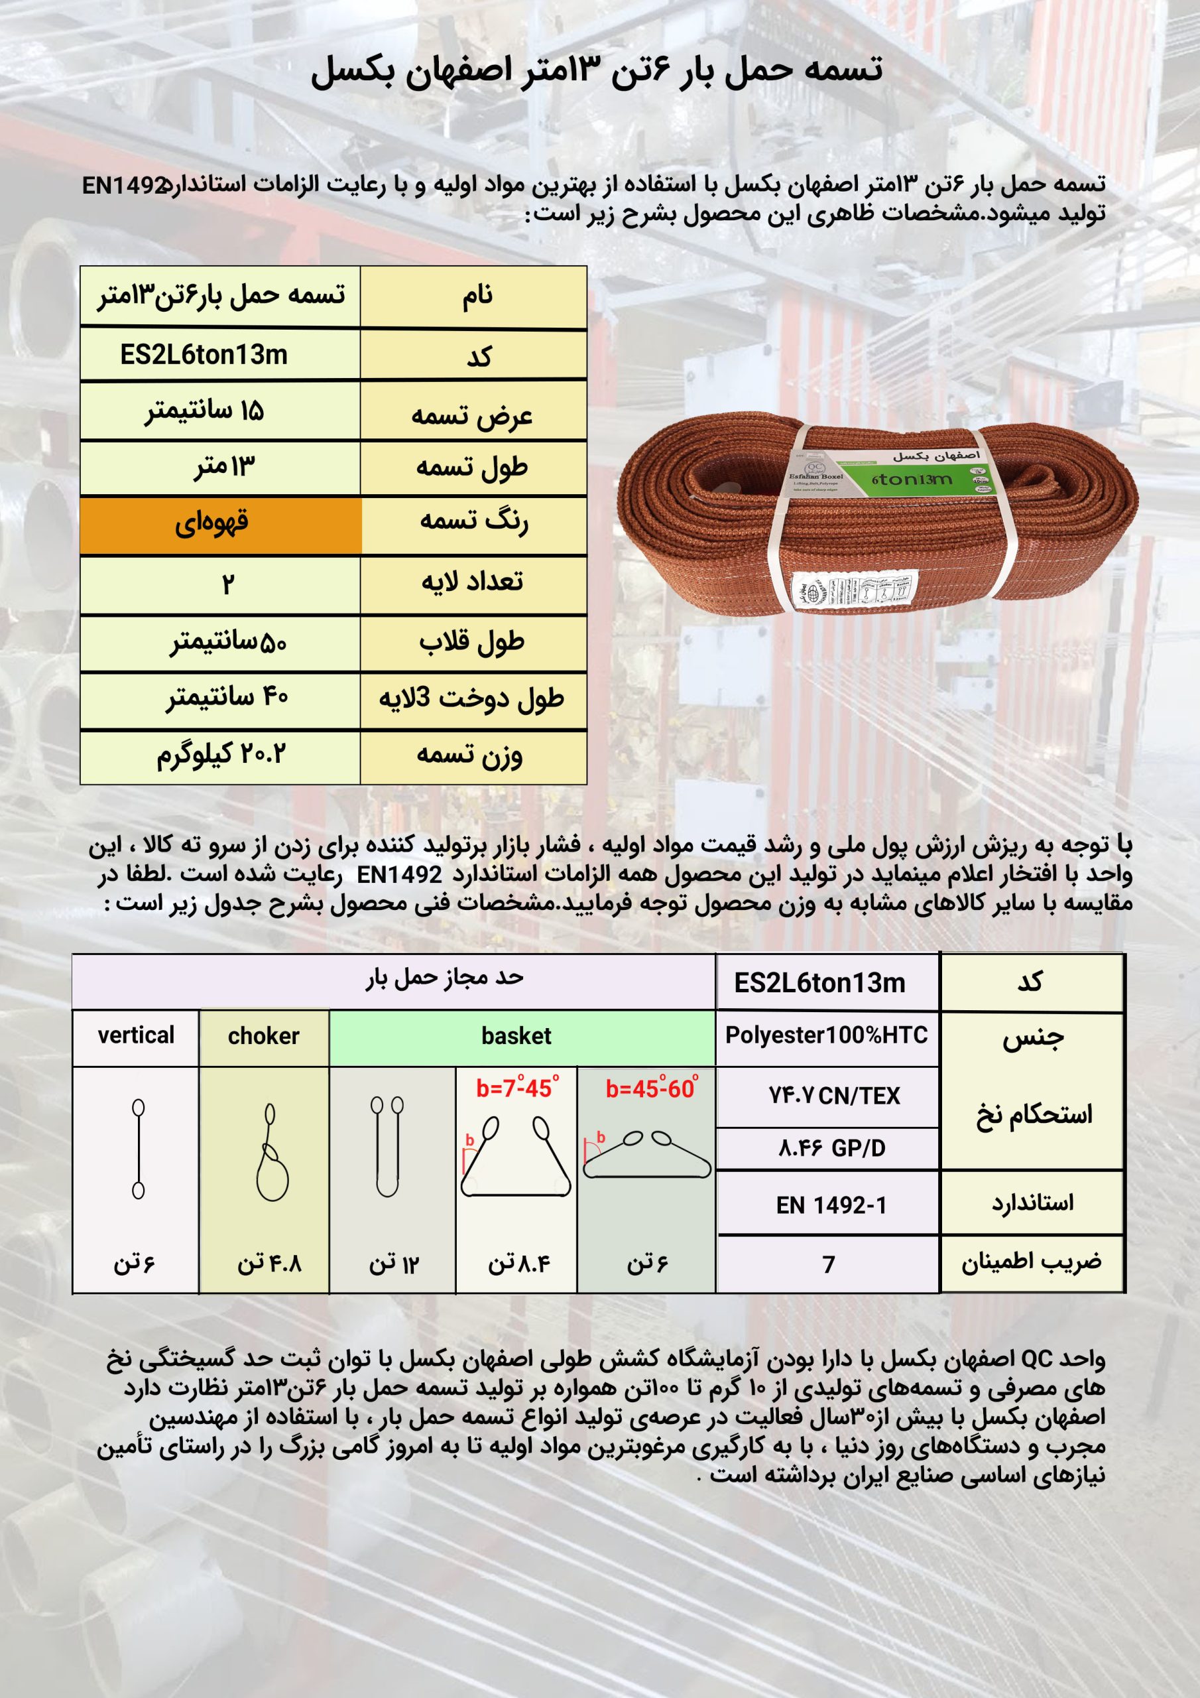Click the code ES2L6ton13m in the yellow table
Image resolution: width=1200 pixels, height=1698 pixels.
204,355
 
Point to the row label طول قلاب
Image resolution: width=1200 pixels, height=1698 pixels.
472,642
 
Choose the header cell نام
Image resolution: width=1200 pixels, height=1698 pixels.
477,296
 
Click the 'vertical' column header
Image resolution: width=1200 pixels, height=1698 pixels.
136,1035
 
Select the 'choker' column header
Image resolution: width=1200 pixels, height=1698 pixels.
263,1036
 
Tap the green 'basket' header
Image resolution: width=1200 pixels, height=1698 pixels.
516,1036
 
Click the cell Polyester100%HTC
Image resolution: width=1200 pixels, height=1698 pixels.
826,1035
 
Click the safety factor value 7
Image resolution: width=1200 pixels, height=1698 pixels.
829,1265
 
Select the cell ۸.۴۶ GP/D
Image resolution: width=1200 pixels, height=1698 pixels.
831,1149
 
